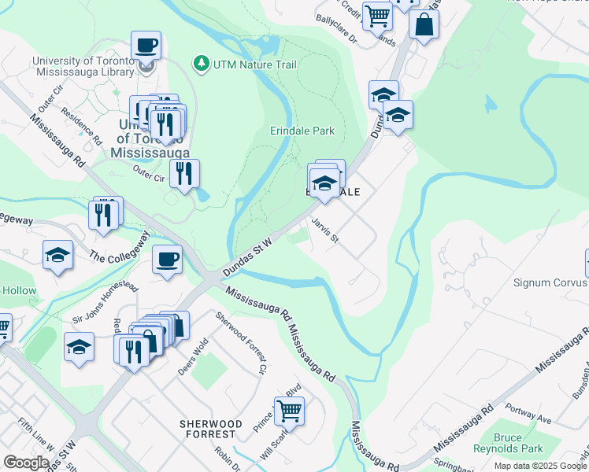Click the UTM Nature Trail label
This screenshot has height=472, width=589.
pos(249,62)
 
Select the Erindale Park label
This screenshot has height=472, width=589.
pos(302,131)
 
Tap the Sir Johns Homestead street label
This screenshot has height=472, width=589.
pos(104,304)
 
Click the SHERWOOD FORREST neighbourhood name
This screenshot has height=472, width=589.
pos(208,429)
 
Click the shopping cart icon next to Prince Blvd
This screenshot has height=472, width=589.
pos(289,410)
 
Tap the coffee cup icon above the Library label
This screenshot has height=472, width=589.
pos(146,45)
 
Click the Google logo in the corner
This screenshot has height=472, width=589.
pos(26,463)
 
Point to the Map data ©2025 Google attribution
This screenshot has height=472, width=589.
pos(540,466)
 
